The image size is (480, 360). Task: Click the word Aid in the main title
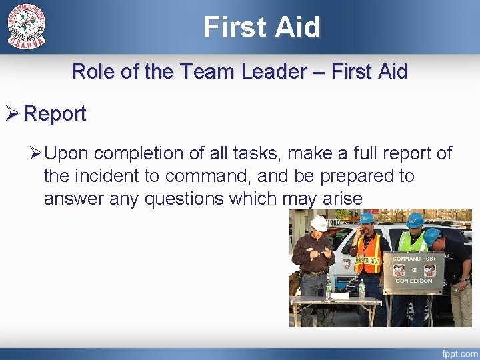pos(299,27)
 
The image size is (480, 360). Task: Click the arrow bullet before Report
pos(13,114)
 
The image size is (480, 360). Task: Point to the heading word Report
pos(55,114)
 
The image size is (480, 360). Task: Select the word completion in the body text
pos(143,153)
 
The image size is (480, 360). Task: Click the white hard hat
pos(319,223)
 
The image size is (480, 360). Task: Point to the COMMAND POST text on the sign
pos(414,259)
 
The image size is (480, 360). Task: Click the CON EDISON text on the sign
pos(414,281)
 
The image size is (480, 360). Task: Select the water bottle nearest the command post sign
pos(361,289)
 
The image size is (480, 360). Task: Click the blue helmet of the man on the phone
pos(367,217)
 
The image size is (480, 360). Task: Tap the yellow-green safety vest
pos(412,241)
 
